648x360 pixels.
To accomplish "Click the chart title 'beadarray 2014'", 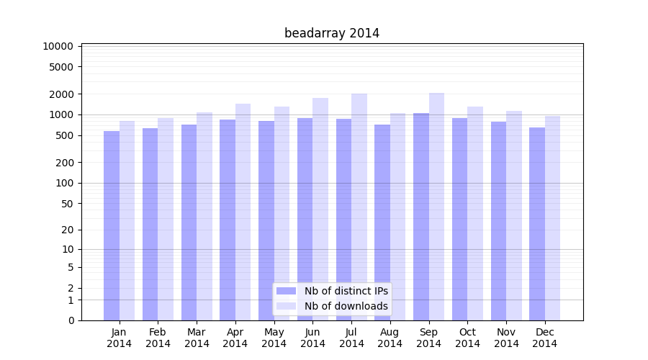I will (332, 33).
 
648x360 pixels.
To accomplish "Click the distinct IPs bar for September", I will (421, 217).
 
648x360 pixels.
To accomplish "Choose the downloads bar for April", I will (243, 212).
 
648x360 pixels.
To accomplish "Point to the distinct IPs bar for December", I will (537, 224).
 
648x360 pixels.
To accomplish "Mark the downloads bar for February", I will (166, 219).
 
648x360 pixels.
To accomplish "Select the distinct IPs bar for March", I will (189, 222).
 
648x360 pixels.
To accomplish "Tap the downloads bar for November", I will (514, 215).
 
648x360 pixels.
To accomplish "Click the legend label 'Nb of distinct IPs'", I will (346, 291).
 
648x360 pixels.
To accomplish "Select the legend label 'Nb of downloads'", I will (346, 306).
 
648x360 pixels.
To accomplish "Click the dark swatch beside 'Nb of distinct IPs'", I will (287, 291).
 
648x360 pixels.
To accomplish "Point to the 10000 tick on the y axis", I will (58, 46).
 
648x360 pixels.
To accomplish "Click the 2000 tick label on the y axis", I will (61, 94).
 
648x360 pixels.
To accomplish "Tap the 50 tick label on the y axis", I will (66, 204).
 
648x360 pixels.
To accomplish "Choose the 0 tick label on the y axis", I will (71, 320).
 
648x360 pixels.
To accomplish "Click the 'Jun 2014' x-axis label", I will (312, 338).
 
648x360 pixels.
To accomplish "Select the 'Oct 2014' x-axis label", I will (467, 338).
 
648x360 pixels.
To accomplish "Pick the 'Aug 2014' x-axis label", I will (390, 338).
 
